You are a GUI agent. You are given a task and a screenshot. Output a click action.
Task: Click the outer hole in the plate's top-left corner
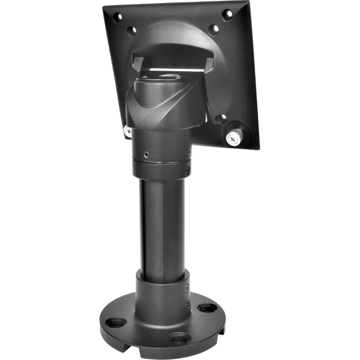click(117, 18)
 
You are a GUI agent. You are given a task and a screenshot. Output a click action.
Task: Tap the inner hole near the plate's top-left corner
click(131, 31)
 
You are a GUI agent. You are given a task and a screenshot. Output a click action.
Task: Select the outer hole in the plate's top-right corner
click(227, 14)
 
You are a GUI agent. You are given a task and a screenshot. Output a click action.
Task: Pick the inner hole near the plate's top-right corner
click(214, 29)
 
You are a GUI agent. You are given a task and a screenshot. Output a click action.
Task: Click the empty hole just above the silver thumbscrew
click(220, 119)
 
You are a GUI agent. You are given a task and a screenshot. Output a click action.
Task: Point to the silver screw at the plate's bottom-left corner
click(128, 131)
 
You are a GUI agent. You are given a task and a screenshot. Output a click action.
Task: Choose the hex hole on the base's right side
click(207, 309)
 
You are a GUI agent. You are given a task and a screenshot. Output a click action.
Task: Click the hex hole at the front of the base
click(179, 337)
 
